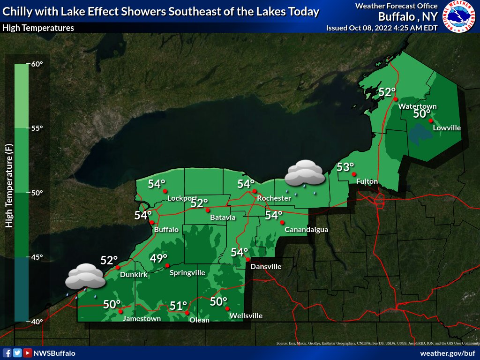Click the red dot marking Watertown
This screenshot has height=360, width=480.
click(x=396, y=99)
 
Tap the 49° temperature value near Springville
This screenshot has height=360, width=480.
click(x=158, y=258)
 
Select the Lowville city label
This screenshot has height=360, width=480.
click(x=447, y=127)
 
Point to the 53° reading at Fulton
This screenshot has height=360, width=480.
click(x=345, y=167)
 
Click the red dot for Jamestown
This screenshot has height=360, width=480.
click(x=120, y=311)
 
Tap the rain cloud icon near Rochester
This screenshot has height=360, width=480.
click(x=305, y=173)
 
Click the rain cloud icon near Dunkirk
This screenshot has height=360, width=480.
click(x=85, y=277)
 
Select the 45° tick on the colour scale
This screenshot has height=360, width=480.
click(x=37, y=257)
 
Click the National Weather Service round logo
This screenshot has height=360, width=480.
click(x=459, y=16)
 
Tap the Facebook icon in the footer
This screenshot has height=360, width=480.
click(x=7, y=353)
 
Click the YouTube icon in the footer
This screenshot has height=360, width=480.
click(x=28, y=353)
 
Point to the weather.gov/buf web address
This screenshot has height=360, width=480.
click(x=448, y=353)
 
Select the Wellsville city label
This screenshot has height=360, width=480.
click(x=246, y=316)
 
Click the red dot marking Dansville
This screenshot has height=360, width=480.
click(x=248, y=260)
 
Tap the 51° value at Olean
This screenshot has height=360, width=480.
click(x=178, y=306)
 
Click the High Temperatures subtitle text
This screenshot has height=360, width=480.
click(x=38, y=28)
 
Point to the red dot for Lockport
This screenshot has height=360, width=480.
click(x=165, y=191)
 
